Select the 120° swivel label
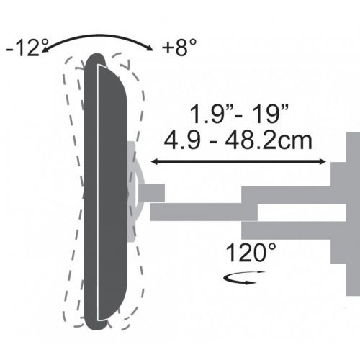[251, 252]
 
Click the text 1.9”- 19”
[239, 114]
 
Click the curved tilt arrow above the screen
[97, 35]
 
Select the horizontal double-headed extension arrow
[238, 162]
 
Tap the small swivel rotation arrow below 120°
[243, 278]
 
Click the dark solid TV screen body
[105, 192]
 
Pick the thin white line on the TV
[98, 192]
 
